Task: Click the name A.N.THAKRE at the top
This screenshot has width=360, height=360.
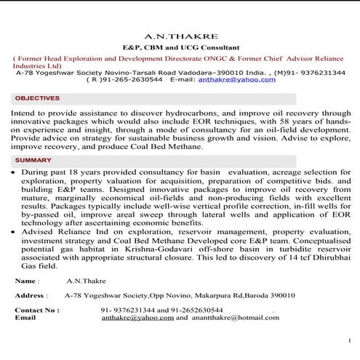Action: pyautogui.click(x=179, y=35)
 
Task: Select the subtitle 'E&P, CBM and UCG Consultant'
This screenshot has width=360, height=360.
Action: pyautogui.click(x=179, y=46)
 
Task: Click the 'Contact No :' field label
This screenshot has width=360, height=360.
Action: pyautogui.click(x=37, y=310)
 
